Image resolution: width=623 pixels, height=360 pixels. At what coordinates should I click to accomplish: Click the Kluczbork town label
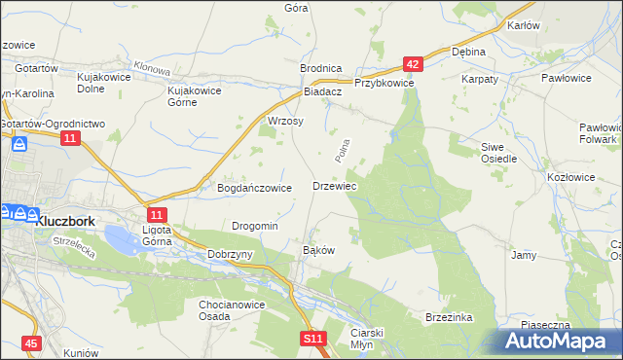pyautogui.click(x=64, y=221)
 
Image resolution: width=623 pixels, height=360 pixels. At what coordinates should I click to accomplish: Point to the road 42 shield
pyautogui.click(x=413, y=65)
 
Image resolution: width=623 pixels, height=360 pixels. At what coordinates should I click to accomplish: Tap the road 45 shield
pyautogui.click(x=32, y=343)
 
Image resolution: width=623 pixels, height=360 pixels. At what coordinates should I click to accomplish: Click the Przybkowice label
pyautogui.click(x=385, y=84)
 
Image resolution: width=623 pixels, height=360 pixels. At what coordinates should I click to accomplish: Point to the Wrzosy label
pyautogui.click(x=285, y=122)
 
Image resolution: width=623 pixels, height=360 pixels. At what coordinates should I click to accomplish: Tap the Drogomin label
pyautogui.click(x=255, y=226)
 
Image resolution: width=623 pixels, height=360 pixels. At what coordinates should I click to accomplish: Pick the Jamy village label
pyautogui.click(x=524, y=255)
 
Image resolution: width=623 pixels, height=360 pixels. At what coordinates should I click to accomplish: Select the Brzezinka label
pyautogui.click(x=449, y=317)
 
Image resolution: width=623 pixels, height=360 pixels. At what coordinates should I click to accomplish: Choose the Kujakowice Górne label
pyautogui.click(x=196, y=96)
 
